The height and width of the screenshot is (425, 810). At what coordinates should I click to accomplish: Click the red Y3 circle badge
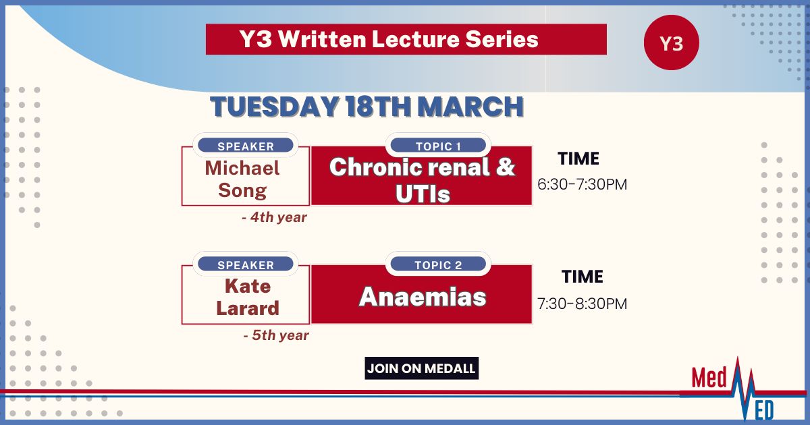tap(672, 42)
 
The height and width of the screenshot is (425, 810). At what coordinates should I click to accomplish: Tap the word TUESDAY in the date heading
tap(275, 107)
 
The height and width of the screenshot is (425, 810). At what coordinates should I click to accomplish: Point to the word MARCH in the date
tap(470, 107)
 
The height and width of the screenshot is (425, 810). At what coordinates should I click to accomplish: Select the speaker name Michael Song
tap(242, 179)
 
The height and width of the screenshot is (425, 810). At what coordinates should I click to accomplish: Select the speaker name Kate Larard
tap(248, 297)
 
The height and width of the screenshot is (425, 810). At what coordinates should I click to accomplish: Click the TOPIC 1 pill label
tap(438, 146)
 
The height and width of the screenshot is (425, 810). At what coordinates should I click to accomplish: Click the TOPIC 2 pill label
tap(438, 264)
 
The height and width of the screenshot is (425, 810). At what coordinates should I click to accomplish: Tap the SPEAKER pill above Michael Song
tap(246, 146)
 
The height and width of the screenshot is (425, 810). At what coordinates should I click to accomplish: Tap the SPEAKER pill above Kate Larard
tap(246, 264)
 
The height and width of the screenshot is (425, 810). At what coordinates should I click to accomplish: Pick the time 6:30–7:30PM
tap(582, 184)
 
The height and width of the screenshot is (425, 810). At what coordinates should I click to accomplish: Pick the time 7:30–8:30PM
tap(582, 304)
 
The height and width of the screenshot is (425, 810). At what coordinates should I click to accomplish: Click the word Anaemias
tap(423, 297)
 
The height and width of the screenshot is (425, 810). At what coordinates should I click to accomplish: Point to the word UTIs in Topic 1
tap(423, 194)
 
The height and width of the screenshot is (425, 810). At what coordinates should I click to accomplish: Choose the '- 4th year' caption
tap(274, 217)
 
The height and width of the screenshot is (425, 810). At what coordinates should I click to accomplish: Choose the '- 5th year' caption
tap(276, 335)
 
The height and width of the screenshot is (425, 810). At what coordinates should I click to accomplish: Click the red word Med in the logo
tap(709, 378)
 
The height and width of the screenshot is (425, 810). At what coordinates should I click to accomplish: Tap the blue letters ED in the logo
tap(764, 410)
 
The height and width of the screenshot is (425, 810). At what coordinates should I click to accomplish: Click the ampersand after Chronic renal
tap(506, 167)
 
